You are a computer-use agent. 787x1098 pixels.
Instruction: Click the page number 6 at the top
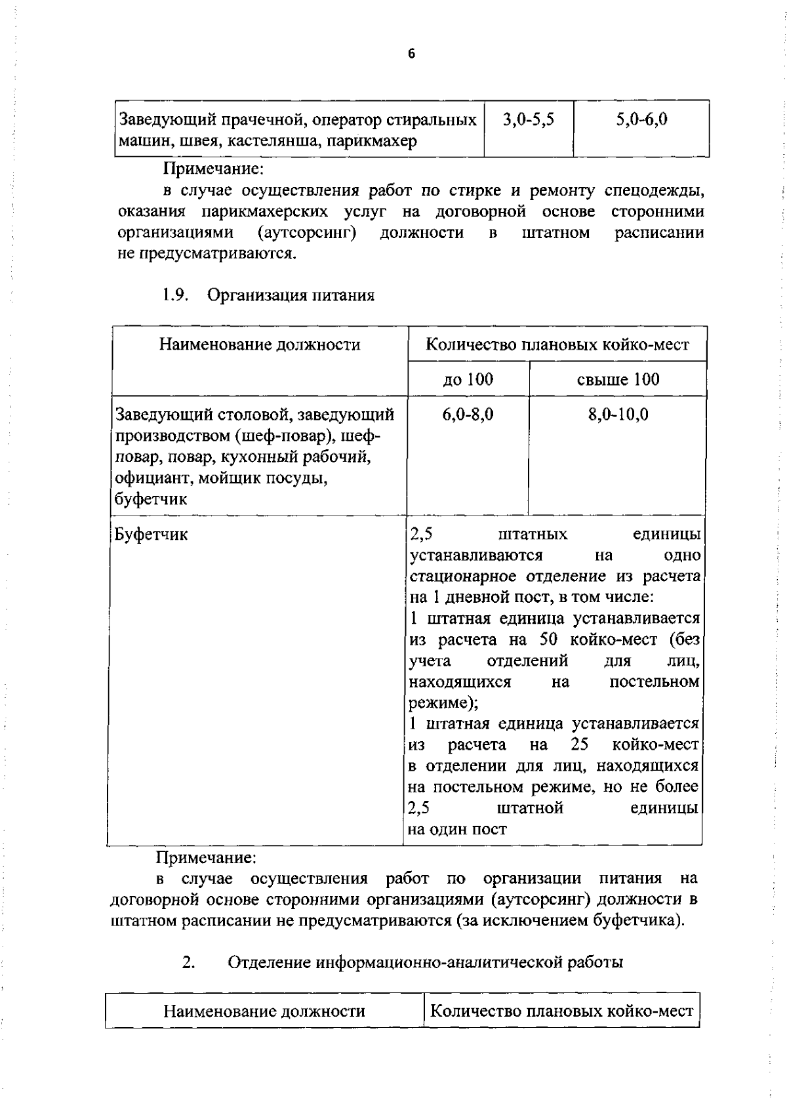(x=411, y=54)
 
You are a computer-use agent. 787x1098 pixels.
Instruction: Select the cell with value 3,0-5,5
(x=528, y=119)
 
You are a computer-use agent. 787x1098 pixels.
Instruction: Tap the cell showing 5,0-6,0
(x=641, y=119)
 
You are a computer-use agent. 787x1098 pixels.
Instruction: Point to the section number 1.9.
(x=175, y=295)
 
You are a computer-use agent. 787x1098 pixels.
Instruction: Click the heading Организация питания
(x=291, y=295)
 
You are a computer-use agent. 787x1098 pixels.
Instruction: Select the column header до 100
(x=468, y=379)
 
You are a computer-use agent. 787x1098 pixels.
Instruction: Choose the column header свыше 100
(x=618, y=379)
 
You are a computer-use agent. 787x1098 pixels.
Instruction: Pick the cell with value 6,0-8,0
(x=468, y=415)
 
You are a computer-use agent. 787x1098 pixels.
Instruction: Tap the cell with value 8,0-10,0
(x=618, y=415)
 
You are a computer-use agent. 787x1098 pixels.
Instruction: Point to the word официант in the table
(x=148, y=478)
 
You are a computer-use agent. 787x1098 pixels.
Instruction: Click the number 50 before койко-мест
(x=548, y=639)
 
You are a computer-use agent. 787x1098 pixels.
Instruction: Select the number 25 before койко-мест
(x=579, y=744)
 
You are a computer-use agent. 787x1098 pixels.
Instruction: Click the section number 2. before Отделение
(x=188, y=962)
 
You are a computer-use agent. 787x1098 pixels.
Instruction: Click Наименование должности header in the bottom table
(x=264, y=1011)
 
